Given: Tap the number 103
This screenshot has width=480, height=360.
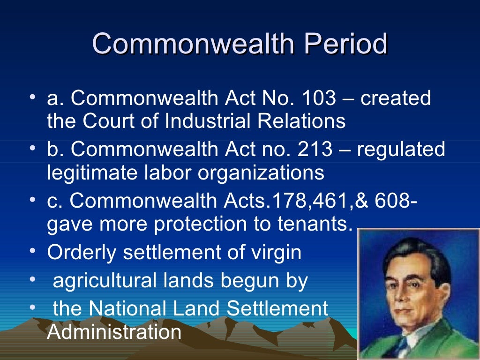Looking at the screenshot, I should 319,99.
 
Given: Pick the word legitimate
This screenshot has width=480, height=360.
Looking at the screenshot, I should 88,173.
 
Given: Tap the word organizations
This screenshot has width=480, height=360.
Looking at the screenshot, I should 261,173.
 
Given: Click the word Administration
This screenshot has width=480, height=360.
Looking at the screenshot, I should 114,332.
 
